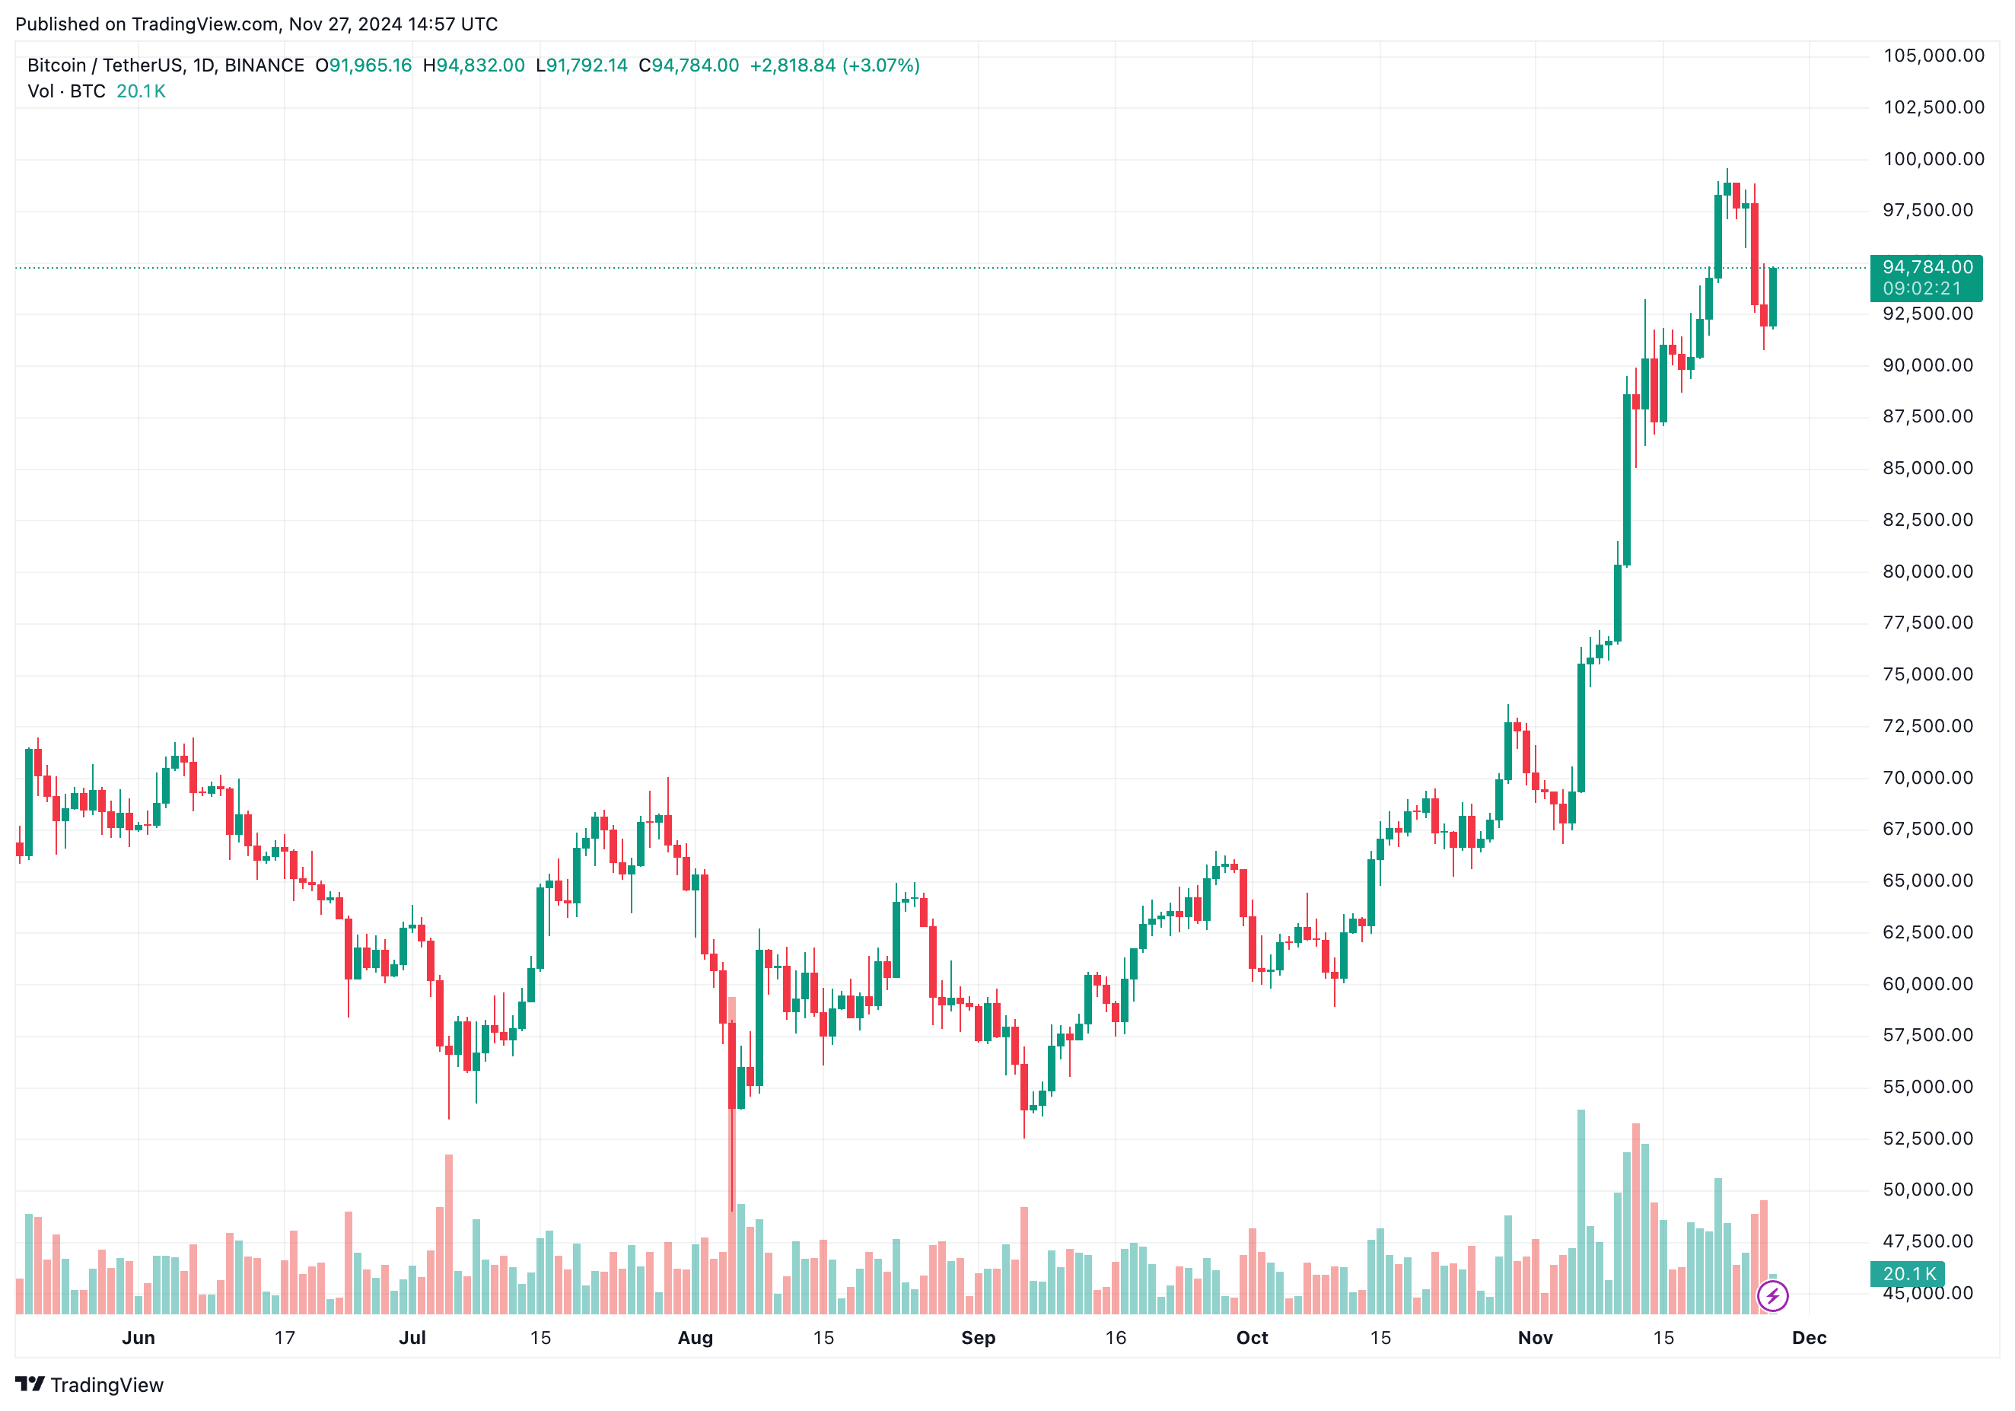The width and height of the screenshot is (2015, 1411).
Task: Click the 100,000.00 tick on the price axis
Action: click(x=1934, y=159)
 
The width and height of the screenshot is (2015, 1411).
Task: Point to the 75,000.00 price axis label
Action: click(x=1927, y=674)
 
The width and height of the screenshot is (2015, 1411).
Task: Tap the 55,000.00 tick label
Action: click(x=1927, y=1086)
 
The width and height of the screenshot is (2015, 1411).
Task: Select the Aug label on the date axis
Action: click(x=695, y=1337)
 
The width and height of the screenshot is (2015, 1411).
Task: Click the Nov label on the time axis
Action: click(x=1535, y=1337)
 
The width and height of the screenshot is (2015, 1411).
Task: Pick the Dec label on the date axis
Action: click(x=1809, y=1337)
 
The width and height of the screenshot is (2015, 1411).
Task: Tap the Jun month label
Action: click(x=138, y=1337)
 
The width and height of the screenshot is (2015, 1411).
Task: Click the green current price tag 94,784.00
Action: click(x=1927, y=267)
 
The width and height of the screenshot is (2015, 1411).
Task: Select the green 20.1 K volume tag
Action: click(x=1908, y=1273)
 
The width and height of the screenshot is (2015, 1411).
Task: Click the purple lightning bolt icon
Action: click(x=1772, y=1295)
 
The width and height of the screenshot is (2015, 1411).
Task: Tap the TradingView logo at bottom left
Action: click(x=90, y=1384)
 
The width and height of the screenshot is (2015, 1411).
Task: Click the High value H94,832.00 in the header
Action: click(x=474, y=65)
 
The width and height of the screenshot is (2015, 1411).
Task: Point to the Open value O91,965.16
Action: click(x=363, y=65)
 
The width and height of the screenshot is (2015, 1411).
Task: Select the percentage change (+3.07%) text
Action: click(x=881, y=65)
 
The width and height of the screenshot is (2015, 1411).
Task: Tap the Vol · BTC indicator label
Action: click(x=67, y=91)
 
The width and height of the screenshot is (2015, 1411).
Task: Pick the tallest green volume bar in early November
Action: click(x=1580, y=1211)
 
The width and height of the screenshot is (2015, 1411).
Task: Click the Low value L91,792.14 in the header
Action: click(x=582, y=65)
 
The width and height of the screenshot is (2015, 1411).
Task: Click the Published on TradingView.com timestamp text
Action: click(x=256, y=24)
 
